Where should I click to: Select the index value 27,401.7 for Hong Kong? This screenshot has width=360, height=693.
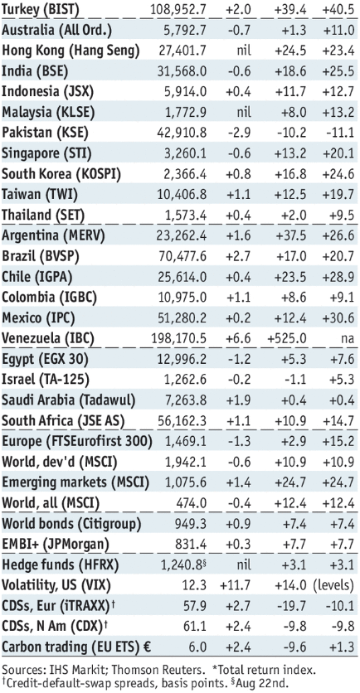pos(182,51)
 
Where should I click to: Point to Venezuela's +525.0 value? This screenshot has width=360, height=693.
pos(287,339)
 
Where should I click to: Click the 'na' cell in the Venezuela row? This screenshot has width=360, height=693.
pos(348,339)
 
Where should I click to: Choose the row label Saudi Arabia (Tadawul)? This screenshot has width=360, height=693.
pos(69,400)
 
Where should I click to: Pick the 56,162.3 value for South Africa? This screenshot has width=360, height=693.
pos(182,421)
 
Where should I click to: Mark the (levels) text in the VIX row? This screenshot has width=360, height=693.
pos(333,585)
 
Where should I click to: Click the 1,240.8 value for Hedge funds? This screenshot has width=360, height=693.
pos(184,565)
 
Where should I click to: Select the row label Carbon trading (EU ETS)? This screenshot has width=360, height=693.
pos(76,647)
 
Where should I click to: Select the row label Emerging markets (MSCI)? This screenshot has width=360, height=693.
pos(75,482)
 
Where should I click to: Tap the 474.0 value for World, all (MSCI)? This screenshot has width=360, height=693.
pos(194,503)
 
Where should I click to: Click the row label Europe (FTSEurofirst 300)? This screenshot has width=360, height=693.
pos(77,442)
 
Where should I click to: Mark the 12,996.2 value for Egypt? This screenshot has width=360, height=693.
pos(182,359)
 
